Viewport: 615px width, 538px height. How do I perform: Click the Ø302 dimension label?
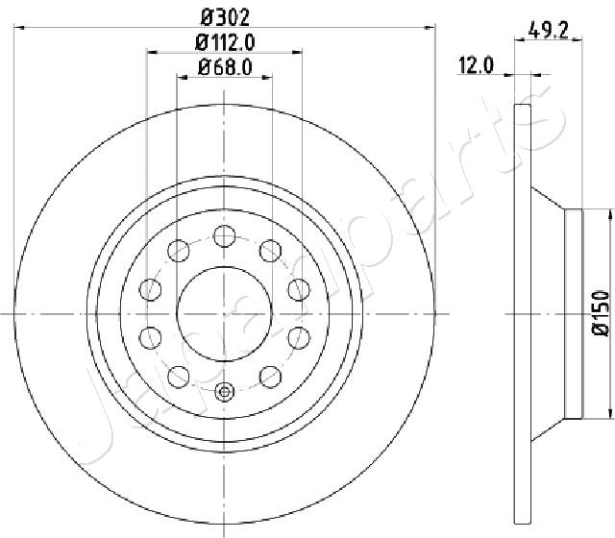(x=225, y=17)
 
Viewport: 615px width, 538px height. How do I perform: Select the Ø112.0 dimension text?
(x=225, y=42)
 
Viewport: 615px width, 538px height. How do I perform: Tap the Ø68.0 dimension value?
(x=225, y=67)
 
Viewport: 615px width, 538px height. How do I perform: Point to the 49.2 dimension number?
(x=548, y=30)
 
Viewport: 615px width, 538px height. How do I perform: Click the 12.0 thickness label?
(x=476, y=65)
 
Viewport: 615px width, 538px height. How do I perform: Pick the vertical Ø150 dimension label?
(x=601, y=313)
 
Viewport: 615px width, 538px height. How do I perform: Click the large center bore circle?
(x=224, y=314)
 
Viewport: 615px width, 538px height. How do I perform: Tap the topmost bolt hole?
(x=224, y=236)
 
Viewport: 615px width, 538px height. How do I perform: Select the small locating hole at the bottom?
(x=224, y=391)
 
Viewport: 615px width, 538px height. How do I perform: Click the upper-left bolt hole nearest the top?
(x=179, y=251)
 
